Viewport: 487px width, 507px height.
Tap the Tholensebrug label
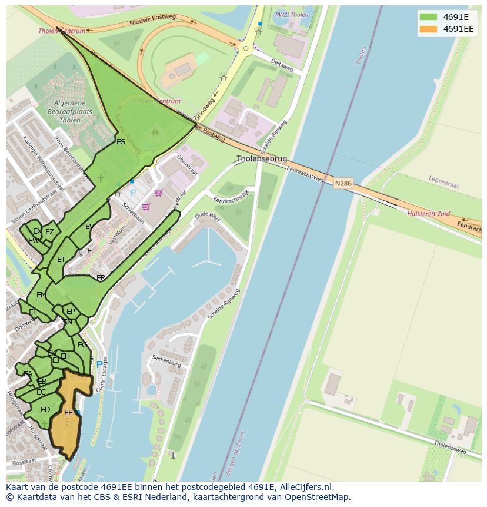[x=262, y=159]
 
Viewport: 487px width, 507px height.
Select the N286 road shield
[x=343, y=184]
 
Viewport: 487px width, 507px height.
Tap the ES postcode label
[x=121, y=142]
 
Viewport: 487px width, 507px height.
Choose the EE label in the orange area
[x=68, y=413]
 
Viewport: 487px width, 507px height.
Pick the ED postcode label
[x=45, y=410]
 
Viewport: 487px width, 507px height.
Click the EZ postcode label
[x=49, y=232]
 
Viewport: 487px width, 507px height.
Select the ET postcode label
[x=61, y=260]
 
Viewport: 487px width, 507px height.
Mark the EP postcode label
[x=71, y=312]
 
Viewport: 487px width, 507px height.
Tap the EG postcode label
[x=82, y=345]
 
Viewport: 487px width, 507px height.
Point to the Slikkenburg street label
[x=166, y=361]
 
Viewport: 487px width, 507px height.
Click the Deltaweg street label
[x=282, y=65]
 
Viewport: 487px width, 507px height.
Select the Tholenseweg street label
[x=450, y=447]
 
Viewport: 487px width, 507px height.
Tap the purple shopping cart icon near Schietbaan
[x=146, y=207]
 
